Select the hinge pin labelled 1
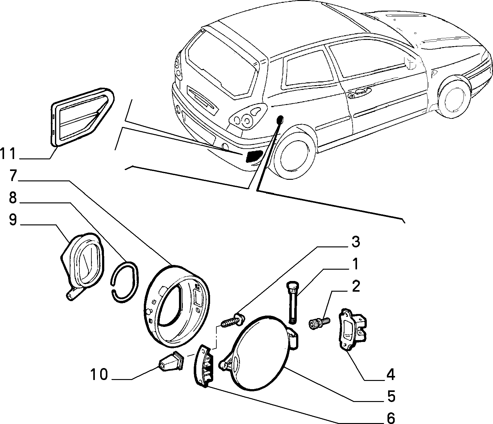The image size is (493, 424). pos(292,303)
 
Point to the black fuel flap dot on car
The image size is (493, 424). pos(280,120)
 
